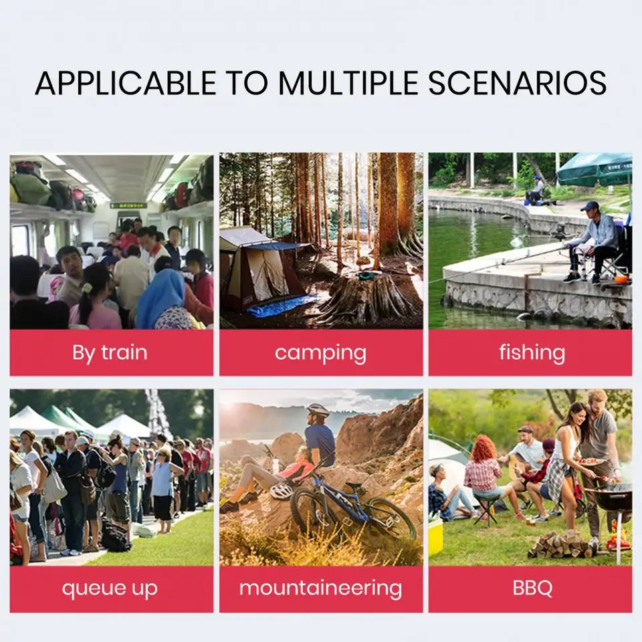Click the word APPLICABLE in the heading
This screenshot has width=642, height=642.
(126, 83)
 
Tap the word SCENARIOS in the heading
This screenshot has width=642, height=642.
(517, 83)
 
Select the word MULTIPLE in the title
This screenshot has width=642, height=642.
(348, 83)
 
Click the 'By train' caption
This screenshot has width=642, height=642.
(110, 352)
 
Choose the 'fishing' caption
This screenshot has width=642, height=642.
(532, 352)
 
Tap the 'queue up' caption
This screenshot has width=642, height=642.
(110, 588)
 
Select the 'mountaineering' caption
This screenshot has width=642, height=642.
(320, 588)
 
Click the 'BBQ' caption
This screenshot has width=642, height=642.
(532, 588)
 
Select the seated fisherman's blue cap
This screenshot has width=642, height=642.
(589, 205)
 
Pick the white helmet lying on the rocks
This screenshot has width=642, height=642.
(282, 491)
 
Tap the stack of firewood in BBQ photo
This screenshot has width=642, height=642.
(561, 546)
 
